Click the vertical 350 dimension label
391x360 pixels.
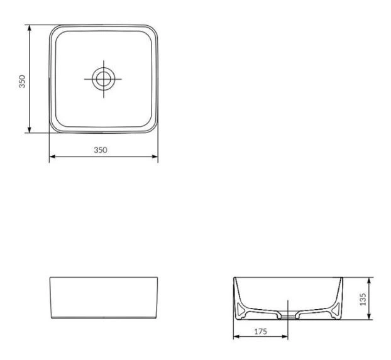point(22,81)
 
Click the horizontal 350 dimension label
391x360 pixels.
point(101,150)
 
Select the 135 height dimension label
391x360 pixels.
point(363,299)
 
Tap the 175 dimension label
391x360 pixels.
point(261,332)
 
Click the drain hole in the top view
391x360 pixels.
point(104,79)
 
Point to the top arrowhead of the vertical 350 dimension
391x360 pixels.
point(30,28)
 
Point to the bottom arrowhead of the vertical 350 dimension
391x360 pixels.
point(30,129)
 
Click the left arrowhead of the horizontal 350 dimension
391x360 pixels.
point(52,156)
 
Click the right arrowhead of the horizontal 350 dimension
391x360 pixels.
point(155,156)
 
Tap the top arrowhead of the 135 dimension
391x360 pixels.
point(370,281)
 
